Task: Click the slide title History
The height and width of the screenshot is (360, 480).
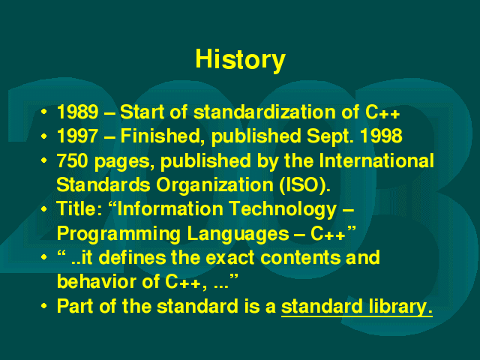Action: (x=240, y=60)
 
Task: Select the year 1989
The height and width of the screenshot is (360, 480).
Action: (x=78, y=112)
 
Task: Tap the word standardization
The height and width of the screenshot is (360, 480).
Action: (x=265, y=112)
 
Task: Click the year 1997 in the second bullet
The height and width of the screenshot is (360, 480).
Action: (x=78, y=136)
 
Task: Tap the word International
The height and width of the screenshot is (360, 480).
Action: (x=376, y=160)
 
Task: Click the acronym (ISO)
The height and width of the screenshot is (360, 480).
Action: (x=305, y=185)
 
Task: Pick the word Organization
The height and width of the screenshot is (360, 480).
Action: (x=214, y=185)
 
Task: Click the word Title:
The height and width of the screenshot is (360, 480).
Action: (x=79, y=208)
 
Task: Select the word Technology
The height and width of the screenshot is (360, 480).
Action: (x=283, y=210)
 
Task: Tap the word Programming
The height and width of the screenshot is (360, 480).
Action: (x=118, y=234)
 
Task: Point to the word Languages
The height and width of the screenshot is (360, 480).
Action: (x=238, y=234)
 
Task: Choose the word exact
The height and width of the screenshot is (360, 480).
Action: (x=230, y=257)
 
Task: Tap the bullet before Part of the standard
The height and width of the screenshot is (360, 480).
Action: (x=44, y=306)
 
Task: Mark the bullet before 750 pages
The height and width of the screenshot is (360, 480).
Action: (x=44, y=160)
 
